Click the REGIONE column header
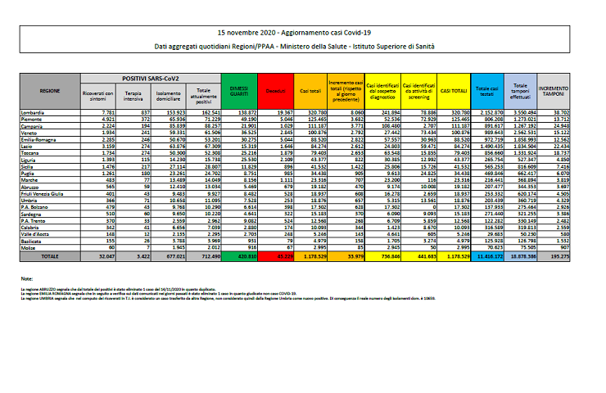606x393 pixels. (x=49, y=90)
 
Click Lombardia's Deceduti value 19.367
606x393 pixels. (x=282, y=111)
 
